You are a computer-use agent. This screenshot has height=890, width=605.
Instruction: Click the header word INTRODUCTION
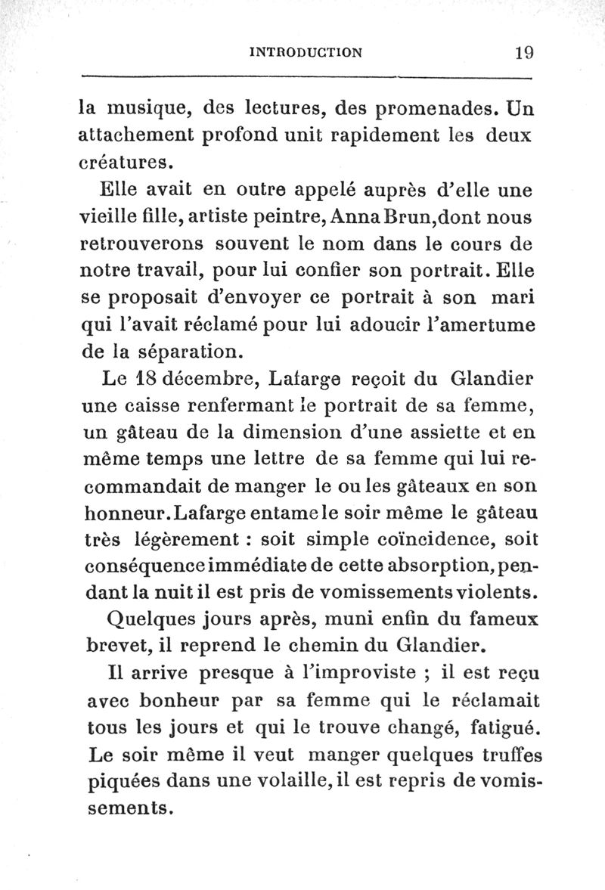(306, 52)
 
